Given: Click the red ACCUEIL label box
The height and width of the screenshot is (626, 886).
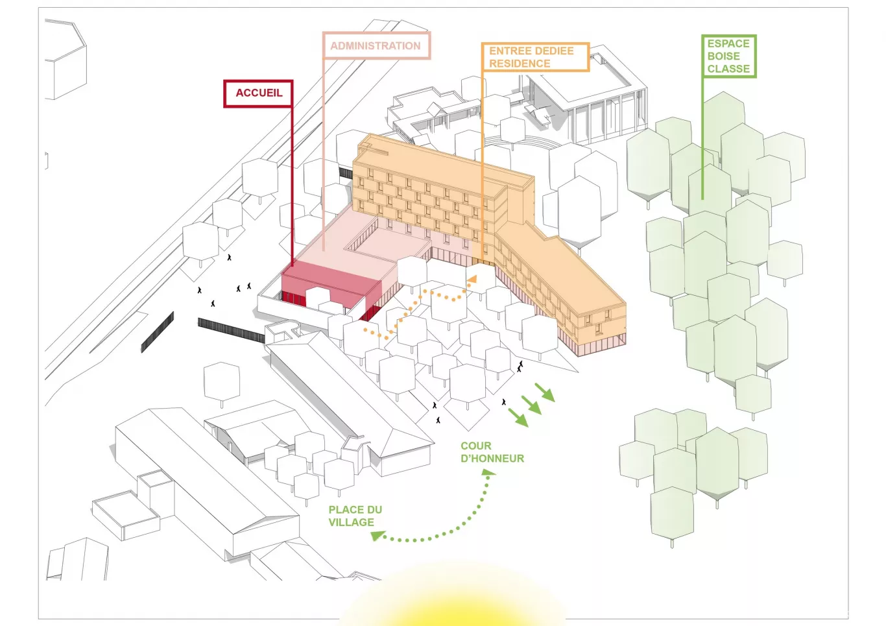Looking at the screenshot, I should coord(258,93).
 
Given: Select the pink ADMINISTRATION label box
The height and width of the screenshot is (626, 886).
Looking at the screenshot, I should coord(376,46).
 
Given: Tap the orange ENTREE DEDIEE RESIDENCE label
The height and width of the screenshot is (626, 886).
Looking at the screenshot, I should coord(534,57).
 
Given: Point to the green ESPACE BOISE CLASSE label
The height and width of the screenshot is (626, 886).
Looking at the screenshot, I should coord(728,56).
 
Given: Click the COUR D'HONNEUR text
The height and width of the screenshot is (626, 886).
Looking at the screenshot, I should coord(492,452).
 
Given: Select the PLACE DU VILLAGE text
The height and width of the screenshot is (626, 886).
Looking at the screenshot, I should coord(355,516).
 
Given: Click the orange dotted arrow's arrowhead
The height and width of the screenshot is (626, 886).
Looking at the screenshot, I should coord(473,278).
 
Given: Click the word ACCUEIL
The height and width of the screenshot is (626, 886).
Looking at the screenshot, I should coord(259,93).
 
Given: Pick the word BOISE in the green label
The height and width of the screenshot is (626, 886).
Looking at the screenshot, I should coord(723,56).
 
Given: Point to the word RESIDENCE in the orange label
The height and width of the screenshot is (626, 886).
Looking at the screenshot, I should coord(520,64).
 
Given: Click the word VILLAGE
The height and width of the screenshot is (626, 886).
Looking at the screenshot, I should coord(351,522).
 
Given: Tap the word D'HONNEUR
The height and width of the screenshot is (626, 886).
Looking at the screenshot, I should coord(492,459).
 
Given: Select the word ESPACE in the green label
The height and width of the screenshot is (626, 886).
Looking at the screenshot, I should coord(728,43).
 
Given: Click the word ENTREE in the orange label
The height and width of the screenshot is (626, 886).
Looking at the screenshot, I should coord(509,51).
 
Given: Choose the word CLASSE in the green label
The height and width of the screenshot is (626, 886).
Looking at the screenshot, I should coord(728,69).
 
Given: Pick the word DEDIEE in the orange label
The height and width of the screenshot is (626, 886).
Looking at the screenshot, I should coord(553,51).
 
